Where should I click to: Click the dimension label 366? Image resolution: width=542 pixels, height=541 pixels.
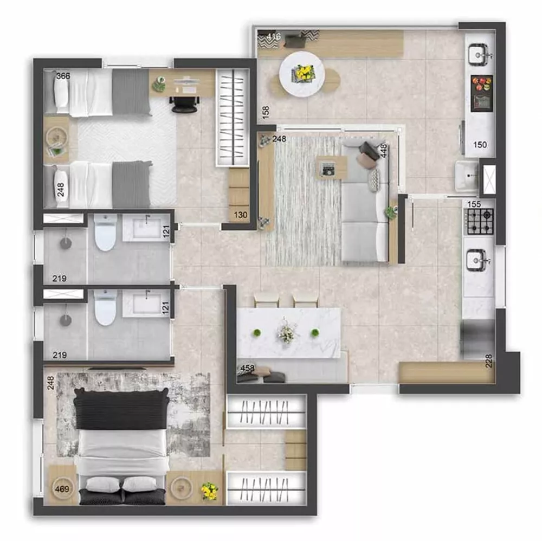[x=63, y=76]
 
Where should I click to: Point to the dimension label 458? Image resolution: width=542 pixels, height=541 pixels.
[x=247, y=369]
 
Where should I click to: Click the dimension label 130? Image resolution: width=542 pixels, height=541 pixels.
[x=240, y=215]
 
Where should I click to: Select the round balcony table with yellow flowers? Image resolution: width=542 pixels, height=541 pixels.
[x=302, y=74]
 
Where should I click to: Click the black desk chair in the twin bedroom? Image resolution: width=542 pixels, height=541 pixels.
[x=184, y=104]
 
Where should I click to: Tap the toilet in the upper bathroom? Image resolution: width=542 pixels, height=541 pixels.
[x=105, y=233]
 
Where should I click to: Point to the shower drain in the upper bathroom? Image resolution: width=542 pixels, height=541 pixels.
[x=66, y=243]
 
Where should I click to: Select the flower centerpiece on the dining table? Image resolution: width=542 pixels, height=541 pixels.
[x=286, y=332]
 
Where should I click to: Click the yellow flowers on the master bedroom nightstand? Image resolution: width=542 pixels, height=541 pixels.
[x=209, y=491]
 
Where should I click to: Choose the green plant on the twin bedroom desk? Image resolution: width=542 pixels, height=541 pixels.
[x=159, y=83]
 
